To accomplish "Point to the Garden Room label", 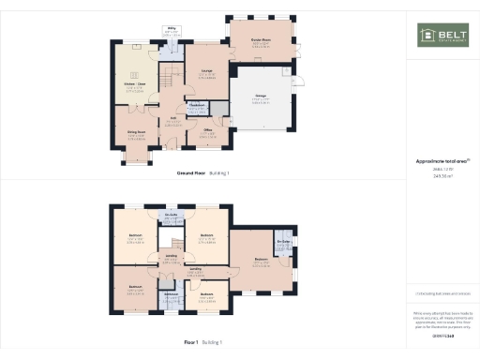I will pyautogui.click(x=260, y=40).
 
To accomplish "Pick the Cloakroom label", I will pyautogui.click(x=197, y=105).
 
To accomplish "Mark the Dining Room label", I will pyautogui.click(x=137, y=133).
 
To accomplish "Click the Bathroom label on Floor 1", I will pyautogui.click(x=172, y=296).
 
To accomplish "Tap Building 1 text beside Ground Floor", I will pyautogui.click(x=219, y=173).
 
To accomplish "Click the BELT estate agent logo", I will pyautogui.click(x=440, y=35).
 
